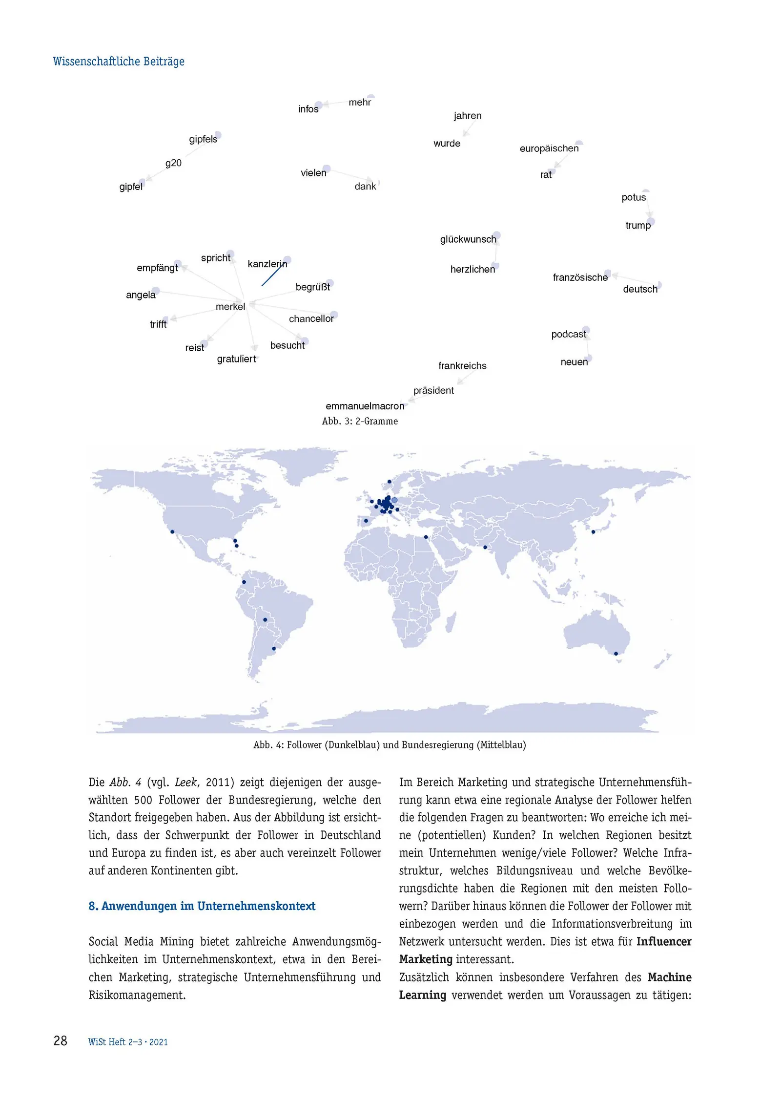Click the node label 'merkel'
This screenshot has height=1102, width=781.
click(230, 307)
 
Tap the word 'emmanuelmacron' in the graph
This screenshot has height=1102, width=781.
click(365, 406)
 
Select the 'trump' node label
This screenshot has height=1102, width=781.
click(637, 225)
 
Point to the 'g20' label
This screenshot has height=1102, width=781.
click(173, 163)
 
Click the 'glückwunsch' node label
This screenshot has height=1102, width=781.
click(468, 239)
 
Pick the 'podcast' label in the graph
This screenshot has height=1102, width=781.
click(568, 334)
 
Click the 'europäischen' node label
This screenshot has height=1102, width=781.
click(549, 148)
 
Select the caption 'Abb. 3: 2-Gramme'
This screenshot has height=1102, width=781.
click(360, 421)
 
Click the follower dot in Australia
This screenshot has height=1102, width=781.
click(616, 654)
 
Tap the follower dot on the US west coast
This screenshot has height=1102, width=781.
click(172, 531)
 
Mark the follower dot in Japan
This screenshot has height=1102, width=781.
click(593, 531)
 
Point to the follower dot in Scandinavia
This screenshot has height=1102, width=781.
click(389, 482)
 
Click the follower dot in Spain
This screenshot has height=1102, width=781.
click(366, 521)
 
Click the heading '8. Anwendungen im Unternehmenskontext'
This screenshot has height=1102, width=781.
click(202, 906)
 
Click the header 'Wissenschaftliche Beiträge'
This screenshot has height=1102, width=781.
click(119, 62)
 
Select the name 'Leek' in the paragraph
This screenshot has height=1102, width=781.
click(185, 783)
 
